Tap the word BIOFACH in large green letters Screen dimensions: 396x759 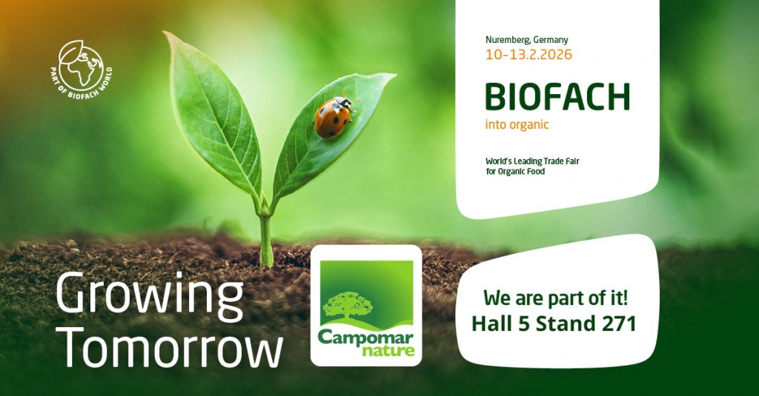pos(557,97)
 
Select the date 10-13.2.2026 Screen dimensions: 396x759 pos(528,54)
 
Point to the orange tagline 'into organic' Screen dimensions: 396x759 pos(517,124)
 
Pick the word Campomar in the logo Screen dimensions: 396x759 pos(365,335)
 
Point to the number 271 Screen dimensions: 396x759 pos(615,324)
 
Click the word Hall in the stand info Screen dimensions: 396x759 pos(491,324)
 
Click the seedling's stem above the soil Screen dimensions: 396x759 pos(265,237)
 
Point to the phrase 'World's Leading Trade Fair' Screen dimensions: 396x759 pos(531,160)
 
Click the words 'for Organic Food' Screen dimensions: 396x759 pos(515,172)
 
